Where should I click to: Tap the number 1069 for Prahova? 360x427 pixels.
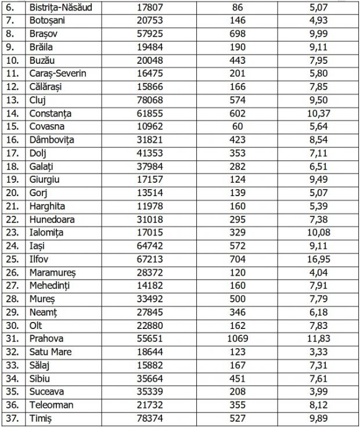[x=237, y=339]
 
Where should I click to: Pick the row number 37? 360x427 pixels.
[x=12, y=418]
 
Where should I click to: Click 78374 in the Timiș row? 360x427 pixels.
[x=150, y=418]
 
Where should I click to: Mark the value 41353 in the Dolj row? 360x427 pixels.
[x=150, y=154]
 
